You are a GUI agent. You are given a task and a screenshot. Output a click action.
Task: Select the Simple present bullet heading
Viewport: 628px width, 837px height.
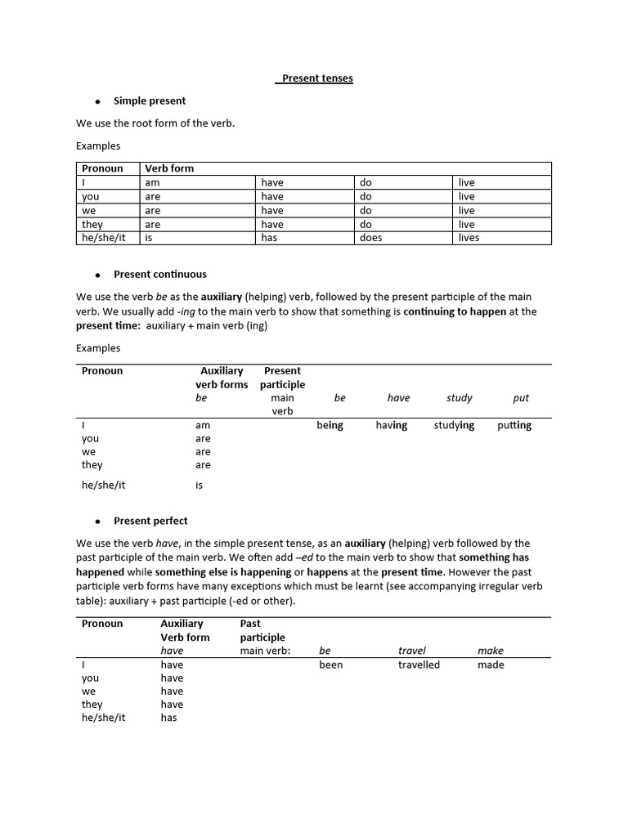(150, 101)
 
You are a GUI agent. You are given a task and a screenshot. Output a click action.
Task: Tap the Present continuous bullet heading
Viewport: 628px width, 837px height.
(160, 274)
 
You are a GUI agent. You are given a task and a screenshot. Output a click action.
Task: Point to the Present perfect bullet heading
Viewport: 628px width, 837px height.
(150, 521)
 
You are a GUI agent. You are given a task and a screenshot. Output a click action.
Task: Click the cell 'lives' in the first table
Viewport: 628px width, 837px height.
(469, 238)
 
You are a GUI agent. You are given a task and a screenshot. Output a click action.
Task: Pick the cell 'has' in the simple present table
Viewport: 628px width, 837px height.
(270, 238)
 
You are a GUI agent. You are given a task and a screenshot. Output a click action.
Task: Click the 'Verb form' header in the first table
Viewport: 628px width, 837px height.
(169, 168)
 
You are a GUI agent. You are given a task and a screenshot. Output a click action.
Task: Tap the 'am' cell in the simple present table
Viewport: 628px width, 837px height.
(152, 182)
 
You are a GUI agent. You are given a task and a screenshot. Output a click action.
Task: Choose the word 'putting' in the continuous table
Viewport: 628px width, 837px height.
(514, 425)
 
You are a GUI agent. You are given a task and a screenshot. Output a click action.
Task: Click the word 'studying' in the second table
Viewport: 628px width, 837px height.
(454, 425)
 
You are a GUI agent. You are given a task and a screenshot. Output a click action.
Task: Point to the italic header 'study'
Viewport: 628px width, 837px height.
(460, 398)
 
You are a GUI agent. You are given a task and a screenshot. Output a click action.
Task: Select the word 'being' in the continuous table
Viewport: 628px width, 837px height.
(330, 425)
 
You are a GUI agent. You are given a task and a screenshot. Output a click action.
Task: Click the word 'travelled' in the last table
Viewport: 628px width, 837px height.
(419, 665)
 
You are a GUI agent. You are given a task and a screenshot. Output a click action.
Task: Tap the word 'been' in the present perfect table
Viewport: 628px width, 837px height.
(331, 665)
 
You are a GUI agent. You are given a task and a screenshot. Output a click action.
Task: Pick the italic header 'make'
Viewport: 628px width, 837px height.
(491, 651)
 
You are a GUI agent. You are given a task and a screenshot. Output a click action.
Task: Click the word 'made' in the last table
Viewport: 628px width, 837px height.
(491, 665)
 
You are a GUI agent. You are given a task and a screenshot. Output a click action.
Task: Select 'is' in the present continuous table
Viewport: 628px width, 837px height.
(199, 485)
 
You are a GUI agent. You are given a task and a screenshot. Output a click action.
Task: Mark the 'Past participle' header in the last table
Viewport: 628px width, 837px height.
(262, 630)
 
